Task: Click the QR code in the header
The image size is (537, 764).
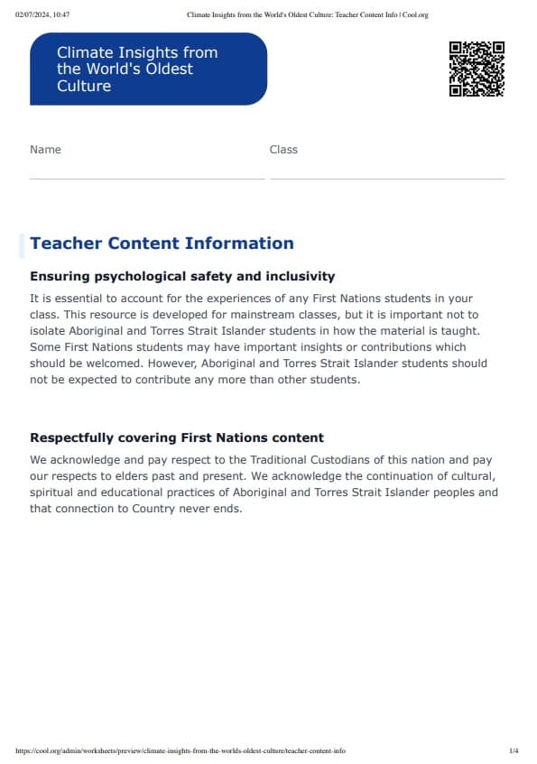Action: coord(477,69)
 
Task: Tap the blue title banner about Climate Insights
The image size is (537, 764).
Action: coord(149,69)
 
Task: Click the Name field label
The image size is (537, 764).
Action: coord(45,150)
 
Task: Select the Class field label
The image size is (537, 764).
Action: coord(283,150)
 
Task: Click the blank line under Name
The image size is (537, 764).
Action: coord(147,178)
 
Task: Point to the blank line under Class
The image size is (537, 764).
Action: coord(387,178)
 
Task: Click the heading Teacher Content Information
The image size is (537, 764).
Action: coord(162,244)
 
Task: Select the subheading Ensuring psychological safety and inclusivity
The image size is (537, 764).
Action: coord(182,276)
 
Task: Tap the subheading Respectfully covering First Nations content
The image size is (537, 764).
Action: coord(177,437)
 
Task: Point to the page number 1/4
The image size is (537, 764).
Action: coord(514,750)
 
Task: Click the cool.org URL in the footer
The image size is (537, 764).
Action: coord(181,750)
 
